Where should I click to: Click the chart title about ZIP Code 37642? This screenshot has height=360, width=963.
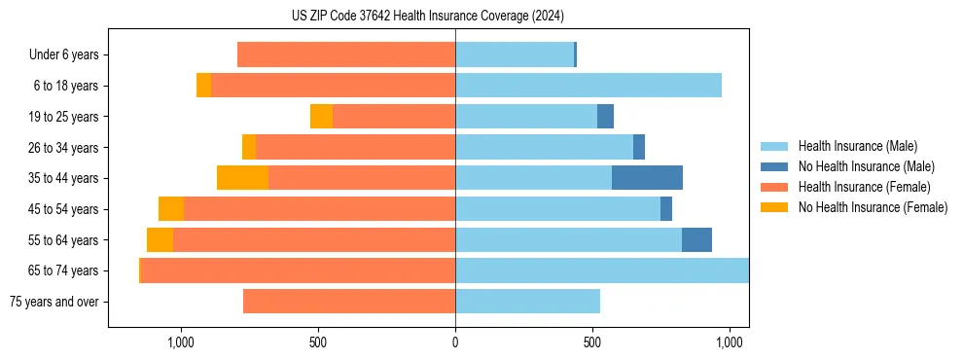coord(428,17)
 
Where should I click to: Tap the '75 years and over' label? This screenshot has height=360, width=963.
coord(53,302)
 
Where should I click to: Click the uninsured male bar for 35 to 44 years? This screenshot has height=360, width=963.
coord(647,178)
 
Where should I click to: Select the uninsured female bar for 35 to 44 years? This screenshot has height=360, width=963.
coord(242,178)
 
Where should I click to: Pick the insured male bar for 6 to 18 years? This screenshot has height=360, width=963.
coord(588,86)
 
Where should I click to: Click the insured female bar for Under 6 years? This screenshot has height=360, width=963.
coord(346,54)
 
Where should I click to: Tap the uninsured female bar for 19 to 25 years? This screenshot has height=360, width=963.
coord(321,117)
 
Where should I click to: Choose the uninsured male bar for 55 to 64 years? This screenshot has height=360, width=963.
coord(696,240)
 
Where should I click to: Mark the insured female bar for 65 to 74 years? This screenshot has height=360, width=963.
coord(298,270)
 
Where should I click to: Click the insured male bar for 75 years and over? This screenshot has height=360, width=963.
coord(527,302)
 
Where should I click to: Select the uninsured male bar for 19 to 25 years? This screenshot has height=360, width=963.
coord(605,117)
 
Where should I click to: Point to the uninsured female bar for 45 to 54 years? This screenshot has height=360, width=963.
coord(171,209)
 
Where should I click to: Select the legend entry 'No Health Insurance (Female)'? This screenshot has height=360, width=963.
coord(873,207)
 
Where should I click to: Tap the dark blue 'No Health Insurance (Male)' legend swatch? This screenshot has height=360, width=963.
coord(774,166)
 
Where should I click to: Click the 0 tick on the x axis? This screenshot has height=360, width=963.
coord(455,342)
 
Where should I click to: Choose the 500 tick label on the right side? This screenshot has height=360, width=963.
coord(592,342)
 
